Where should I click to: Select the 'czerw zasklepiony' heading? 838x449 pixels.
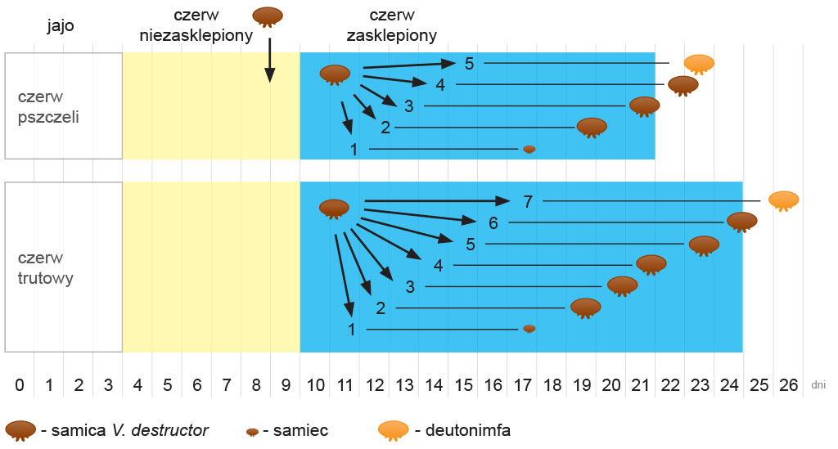(x=391, y=25)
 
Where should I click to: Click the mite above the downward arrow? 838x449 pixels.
(x=268, y=16)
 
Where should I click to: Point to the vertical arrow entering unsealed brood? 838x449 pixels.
(x=269, y=57)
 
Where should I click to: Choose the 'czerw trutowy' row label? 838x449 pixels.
(x=46, y=267)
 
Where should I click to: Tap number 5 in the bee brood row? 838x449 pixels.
(x=469, y=64)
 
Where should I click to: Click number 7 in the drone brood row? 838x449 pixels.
(x=527, y=201)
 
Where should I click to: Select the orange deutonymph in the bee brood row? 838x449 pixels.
(x=699, y=63)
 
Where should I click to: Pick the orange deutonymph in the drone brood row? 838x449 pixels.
(x=783, y=200)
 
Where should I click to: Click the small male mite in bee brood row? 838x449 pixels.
(x=529, y=149)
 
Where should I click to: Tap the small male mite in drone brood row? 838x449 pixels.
(x=529, y=328)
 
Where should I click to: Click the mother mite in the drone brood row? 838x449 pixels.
(x=334, y=209)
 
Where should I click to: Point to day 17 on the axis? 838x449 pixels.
(x=524, y=384)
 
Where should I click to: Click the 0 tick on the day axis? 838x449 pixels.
(x=20, y=384)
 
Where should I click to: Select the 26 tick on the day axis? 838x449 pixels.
(x=789, y=384)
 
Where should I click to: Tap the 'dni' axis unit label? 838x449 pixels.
(x=818, y=384)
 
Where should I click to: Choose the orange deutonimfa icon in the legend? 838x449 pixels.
(x=393, y=429)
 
